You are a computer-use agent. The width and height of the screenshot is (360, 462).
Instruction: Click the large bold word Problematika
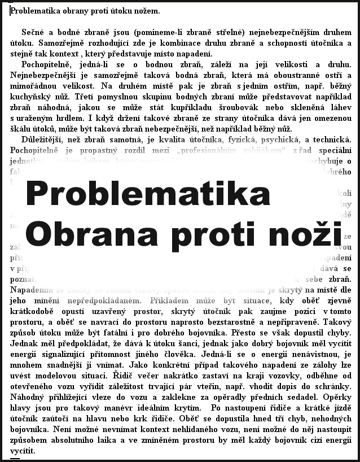[148, 194]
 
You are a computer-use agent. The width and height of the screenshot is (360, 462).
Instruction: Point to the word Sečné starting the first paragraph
[34, 32]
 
